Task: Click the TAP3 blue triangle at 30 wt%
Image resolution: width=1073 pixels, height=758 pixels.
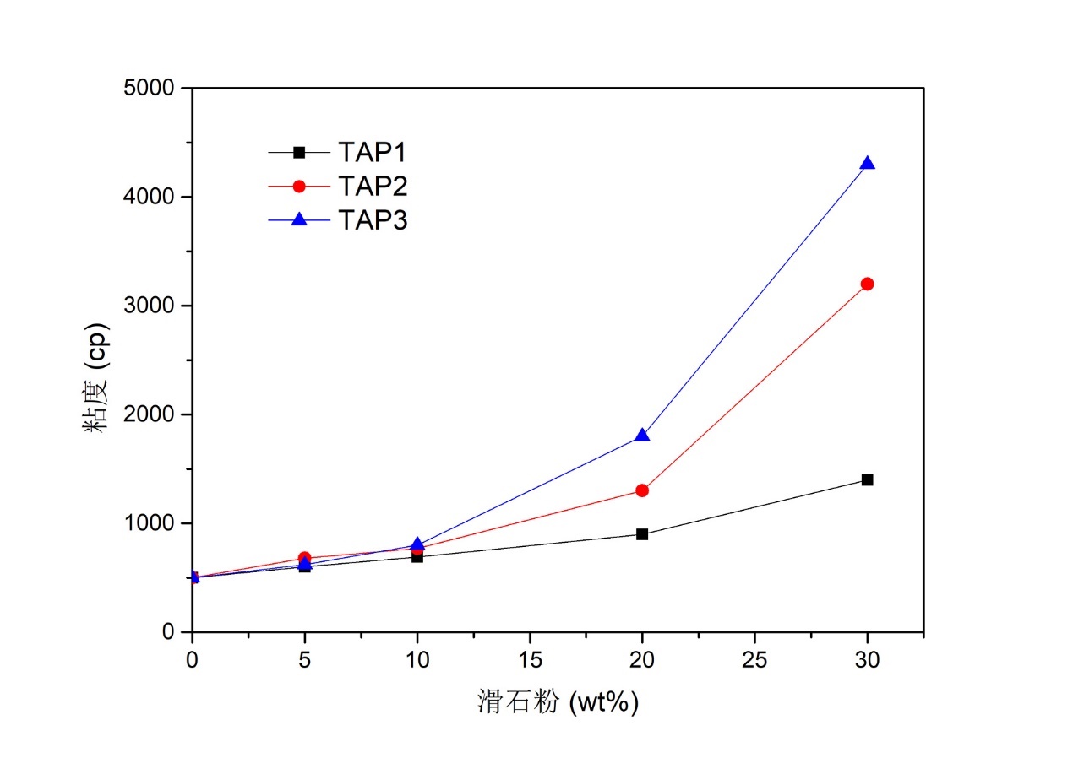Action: [x=867, y=163]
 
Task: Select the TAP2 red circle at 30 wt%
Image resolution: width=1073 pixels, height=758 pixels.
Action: [x=867, y=284]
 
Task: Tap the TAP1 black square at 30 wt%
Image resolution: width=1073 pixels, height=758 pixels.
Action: [x=867, y=479]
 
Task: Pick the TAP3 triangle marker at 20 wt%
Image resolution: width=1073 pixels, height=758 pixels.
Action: [x=642, y=435]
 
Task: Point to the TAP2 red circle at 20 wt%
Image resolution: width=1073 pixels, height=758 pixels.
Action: [x=642, y=490]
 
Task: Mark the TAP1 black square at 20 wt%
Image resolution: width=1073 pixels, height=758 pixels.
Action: [x=642, y=533]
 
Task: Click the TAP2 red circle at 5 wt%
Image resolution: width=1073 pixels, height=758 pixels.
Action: [x=304, y=558]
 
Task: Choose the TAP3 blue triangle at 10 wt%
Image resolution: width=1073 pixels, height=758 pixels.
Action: [x=417, y=544]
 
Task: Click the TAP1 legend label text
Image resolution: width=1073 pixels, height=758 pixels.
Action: [x=373, y=152]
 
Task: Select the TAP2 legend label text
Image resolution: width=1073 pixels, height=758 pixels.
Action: [x=373, y=186]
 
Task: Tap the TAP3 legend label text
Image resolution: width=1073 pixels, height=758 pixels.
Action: [x=373, y=219]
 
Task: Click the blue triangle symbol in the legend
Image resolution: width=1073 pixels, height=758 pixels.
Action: [x=298, y=219]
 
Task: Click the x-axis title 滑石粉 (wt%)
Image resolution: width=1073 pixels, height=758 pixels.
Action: [x=558, y=701]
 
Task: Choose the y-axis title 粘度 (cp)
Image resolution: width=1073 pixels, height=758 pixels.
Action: [x=95, y=376]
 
